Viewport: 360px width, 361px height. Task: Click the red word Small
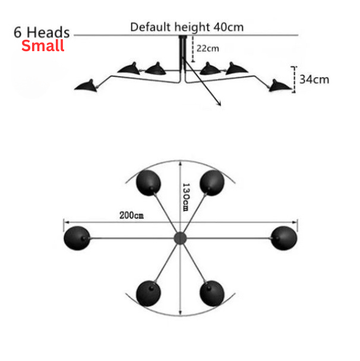click(x=43, y=46)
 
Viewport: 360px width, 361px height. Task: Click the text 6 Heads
click(x=42, y=32)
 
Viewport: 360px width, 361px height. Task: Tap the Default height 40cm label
click(x=187, y=27)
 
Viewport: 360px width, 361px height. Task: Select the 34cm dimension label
click(x=314, y=79)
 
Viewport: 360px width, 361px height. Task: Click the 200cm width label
click(x=131, y=215)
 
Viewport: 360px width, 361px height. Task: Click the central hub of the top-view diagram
click(x=179, y=238)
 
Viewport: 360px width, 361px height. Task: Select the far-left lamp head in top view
click(x=77, y=238)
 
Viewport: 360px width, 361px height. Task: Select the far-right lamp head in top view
click(x=283, y=237)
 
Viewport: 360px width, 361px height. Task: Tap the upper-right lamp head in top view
click(x=211, y=182)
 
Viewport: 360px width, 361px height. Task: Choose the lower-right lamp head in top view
click(x=211, y=293)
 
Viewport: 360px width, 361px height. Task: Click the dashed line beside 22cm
click(x=194, y=49)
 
